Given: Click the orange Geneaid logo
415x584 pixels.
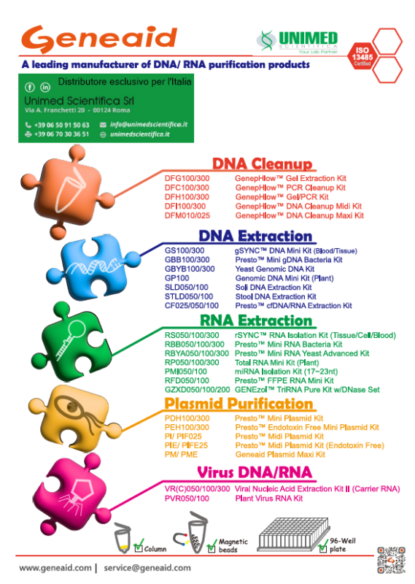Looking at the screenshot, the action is tap(99, 39).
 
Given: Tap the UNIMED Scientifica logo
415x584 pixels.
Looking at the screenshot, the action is tap(298, 42).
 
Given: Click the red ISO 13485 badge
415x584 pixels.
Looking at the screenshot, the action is tap(362, 56).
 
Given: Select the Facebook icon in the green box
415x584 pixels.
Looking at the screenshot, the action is tap(30, 87).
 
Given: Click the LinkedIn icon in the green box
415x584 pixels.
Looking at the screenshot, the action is tap(45, 87).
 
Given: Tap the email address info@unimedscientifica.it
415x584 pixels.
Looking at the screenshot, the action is tap(149, 124).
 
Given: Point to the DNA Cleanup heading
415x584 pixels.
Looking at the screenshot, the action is tap(262, 164).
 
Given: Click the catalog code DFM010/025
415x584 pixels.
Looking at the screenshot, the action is tap(187, 215).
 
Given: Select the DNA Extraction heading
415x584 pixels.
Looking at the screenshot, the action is tap(255, 236).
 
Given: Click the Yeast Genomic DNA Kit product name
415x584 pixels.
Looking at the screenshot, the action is tap(275, 269).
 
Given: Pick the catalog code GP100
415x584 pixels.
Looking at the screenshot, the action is tap(177, 278).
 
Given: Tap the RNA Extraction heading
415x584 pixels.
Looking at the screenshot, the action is tap(256, 320).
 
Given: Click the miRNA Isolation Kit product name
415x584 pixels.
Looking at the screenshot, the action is tap(286, 372).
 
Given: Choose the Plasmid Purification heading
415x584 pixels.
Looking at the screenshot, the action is tap(238, 404).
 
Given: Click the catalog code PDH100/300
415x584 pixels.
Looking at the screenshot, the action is tap(187, 418).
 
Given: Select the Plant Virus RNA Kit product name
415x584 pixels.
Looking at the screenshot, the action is tap(268, 499).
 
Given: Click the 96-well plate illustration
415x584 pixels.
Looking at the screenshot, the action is tap(293, 534).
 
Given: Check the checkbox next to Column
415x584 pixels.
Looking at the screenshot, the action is tap(138, 548).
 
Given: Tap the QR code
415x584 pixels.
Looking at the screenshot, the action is tap(391, 560).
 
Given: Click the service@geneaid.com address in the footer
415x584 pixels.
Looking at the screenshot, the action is tap(147, 568).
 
